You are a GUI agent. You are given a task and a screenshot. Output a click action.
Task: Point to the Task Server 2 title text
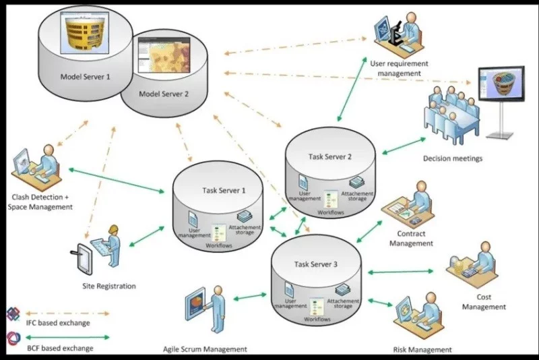(330, 156)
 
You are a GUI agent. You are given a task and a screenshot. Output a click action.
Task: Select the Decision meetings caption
(452, 159)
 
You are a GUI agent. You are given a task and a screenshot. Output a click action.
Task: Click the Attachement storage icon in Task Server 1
(245, 216)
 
